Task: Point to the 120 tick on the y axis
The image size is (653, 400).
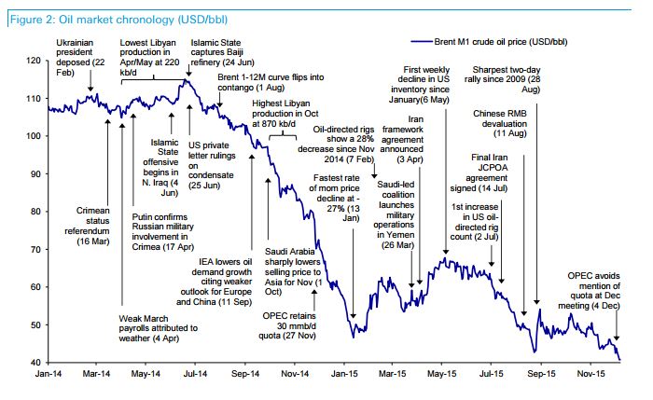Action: (x=34, y=61)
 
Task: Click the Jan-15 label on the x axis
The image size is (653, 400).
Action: (x=345, y=375)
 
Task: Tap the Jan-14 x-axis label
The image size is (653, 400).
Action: (x=49, y=375)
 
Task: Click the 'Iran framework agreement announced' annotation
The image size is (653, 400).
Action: (x=405, y=145)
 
